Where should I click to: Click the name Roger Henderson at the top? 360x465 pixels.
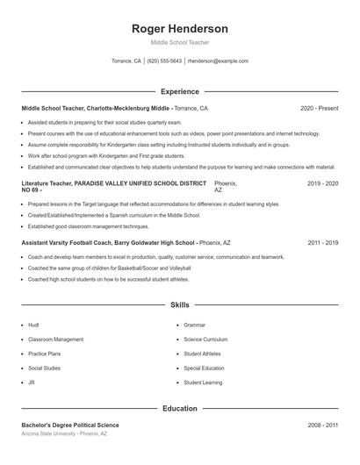[x=179, y=28]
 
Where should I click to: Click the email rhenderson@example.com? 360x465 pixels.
[x=218, y=61]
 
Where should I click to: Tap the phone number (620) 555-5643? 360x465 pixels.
[x=164, y=61]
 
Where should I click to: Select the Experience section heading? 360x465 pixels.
[x=179, y=90]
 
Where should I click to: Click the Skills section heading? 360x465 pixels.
[x=179, y=305]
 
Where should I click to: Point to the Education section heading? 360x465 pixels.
[x=179, y=408]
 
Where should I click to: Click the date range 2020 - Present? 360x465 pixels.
[x=319, y=108]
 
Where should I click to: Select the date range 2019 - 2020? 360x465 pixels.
[x=322, y=184]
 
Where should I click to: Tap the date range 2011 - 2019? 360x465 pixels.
[x=322, y=242]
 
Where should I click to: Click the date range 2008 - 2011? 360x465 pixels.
[x=322, y=425]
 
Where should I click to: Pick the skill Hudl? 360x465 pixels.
[x=33, y=325]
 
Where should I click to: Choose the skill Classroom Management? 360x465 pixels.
[x=55, y=339]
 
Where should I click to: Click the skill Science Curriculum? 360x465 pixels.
[x=205, y=339]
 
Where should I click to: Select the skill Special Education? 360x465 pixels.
[x=204, y=368]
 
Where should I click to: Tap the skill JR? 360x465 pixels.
[x=32, y=383]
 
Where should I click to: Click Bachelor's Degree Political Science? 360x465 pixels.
[x=69, y=425]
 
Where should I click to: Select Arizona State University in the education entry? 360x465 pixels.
[x=48, y=433]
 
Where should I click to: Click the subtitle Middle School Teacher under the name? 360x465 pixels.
[x=179, y=42]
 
